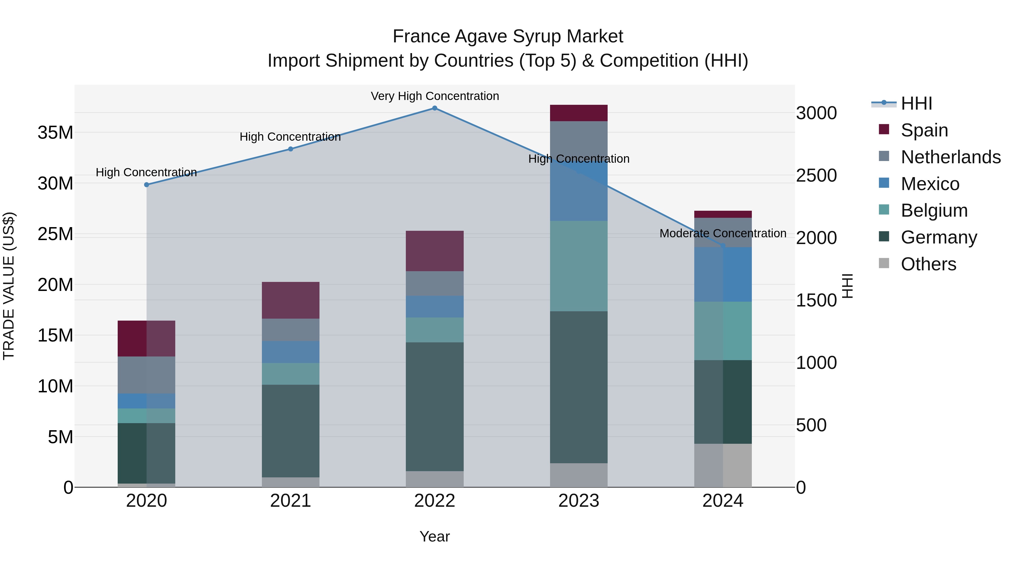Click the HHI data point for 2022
click(x=435, y=108)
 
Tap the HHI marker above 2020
click(x=147, y=185)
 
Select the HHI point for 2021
click(x=291, y=149)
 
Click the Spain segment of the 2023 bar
click(x=579, y=113)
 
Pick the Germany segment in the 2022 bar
click(x=435, y=406)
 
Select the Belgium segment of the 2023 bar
click(x=579, y=266)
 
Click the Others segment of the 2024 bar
click(x=723, y=466)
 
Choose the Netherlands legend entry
click(x=951, y=157)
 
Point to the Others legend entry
click(x=929, y=264)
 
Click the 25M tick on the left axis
click(x=55, y=234)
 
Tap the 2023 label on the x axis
click(x=579, y=501)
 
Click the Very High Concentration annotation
click(x=435, y=96)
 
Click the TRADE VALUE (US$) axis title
click(x=9, y=286)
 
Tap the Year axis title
click(x=435, y=536)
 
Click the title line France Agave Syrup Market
click(x=508, y=36)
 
